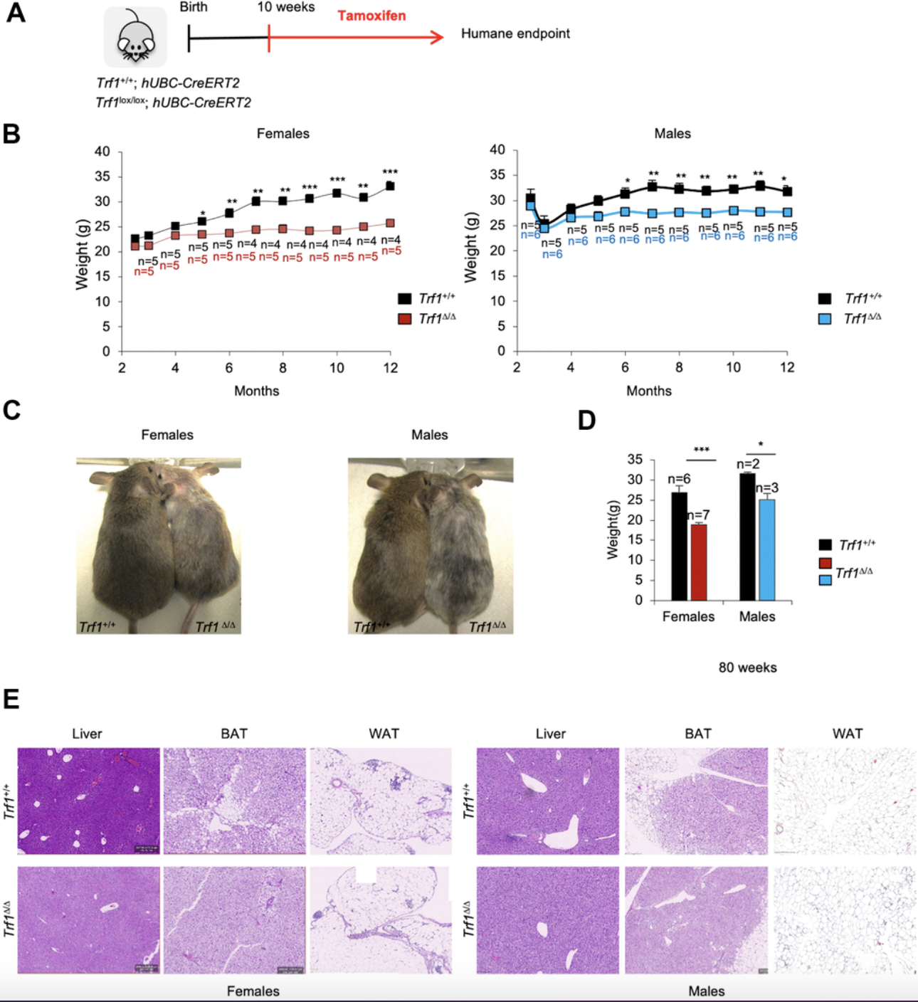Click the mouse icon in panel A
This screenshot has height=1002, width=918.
click(135, 38)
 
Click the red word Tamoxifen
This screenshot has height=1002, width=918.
click(371, 16)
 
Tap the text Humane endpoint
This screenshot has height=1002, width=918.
click(515, 33)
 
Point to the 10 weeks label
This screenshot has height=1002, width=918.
click(286, 7)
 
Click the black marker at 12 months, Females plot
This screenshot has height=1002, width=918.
click(390, 186)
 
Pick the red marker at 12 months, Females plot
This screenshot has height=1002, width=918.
click(390, 223)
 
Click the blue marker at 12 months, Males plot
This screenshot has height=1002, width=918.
click(787, 212)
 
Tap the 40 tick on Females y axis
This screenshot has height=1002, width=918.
click(102, 152)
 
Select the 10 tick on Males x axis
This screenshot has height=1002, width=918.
click(733, 367)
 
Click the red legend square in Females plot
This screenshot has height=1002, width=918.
click(404, 319)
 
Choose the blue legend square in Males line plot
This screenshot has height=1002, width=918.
click(825, 319)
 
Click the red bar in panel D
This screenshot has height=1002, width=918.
click(699, 562)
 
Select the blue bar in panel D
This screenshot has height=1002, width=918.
click(766, 549)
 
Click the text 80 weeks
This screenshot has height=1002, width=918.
click(747, 668)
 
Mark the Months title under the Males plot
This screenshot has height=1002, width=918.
click(648, 391)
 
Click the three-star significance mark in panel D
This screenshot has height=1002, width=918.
click(701, 450)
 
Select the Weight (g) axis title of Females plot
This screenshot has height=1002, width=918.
click(82, 254)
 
